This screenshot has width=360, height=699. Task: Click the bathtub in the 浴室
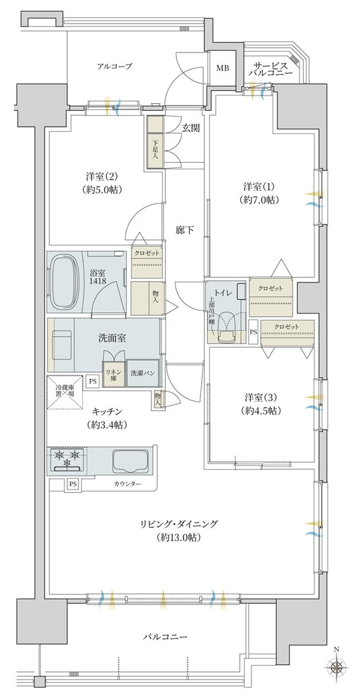click(x=63, y=282)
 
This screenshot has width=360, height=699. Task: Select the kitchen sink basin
click(x=130, y=460)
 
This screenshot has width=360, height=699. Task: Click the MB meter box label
click(x=222, y=68)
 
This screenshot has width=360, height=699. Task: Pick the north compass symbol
click(x=337, y=667)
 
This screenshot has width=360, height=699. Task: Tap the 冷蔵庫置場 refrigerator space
click(x=65, y=392)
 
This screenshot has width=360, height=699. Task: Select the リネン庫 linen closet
click(x=111, y=373)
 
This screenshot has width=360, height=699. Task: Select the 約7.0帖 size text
click(x=261, y=200)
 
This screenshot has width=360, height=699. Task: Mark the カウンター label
click(x=127, y=484)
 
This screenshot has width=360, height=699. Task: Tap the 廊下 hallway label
click(x=184, y=230)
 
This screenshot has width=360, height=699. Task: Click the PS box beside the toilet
click(x=253, y=332)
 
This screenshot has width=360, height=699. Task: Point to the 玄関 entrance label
click(x=190, y=129)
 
